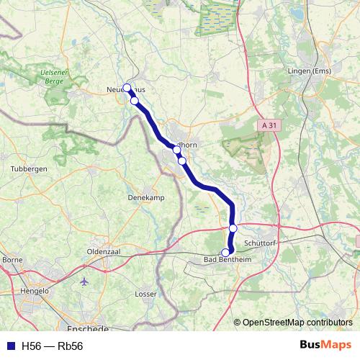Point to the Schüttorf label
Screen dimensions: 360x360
(x=261, y=243)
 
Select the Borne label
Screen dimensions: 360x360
(x=13, y=259)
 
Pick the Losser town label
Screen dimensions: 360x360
(x=146, y=294)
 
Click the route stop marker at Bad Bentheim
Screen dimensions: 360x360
(x=225, y=252)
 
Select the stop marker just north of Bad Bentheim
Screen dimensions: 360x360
(x=233, y=228)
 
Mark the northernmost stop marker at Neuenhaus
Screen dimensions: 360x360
(x=127, y=88)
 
